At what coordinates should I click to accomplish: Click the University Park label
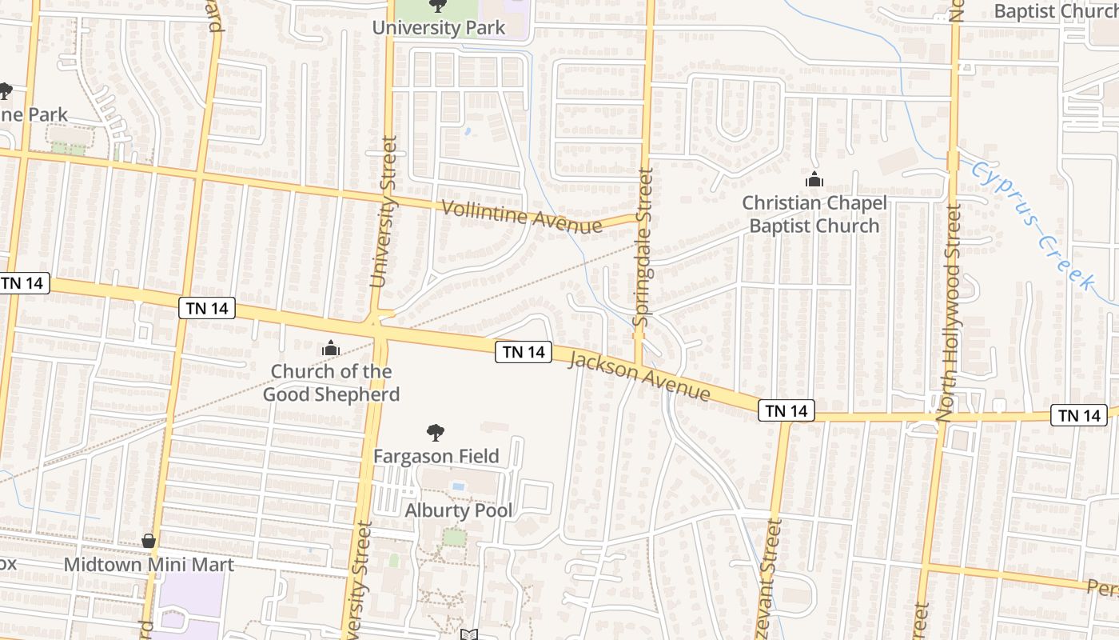click(439, 28)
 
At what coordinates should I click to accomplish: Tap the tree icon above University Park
click(436, 6)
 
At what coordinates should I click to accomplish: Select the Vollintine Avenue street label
click(521, 217)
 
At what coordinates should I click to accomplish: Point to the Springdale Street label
click(644, 246)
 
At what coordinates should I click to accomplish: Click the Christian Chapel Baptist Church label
click(814, 214)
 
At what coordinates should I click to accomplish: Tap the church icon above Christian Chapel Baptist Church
click(814, 180)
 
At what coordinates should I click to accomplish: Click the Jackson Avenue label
click(639, 376)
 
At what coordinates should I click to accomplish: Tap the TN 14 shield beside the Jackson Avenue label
click(524, 352)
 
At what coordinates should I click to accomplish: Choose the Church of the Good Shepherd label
click(331, 382)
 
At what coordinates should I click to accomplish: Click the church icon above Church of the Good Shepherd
click(330, 348)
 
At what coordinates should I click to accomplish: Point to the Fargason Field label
click(436, 456)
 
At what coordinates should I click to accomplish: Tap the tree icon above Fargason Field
click(436, 434)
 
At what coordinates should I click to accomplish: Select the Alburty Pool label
click(459, 510)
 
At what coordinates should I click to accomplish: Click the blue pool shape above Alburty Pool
click(459, 486)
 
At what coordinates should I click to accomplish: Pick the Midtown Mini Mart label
click(149, 565)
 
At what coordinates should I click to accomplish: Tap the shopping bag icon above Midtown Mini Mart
click(149, 542)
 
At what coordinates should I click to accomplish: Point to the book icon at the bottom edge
click(469, 634)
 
